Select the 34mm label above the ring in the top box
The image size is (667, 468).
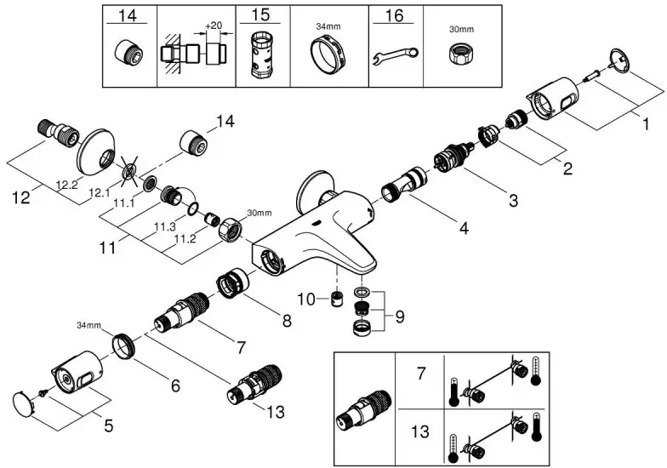click(x=328, y=26)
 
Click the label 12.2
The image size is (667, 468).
click(x=68, y=184)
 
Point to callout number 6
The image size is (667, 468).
click(x=174, y=385)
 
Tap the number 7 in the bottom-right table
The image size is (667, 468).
click(x=419, y=374)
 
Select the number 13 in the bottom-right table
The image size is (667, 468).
click(x=419, y=430)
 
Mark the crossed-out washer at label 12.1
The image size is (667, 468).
click(x=129, y=172)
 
